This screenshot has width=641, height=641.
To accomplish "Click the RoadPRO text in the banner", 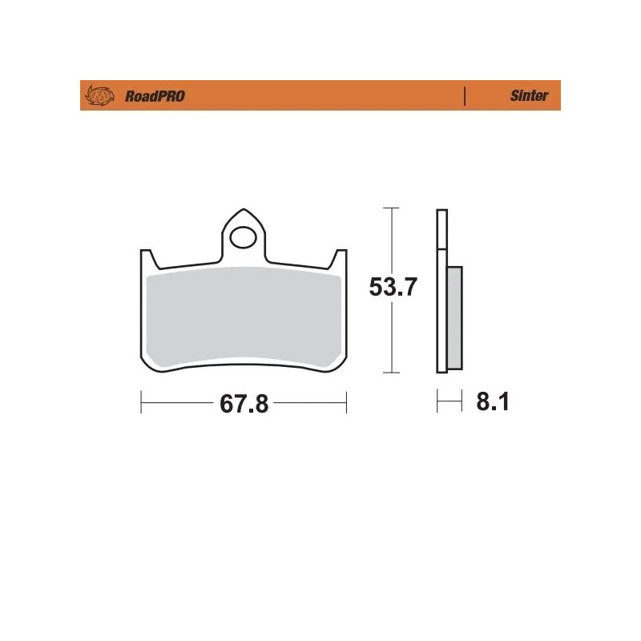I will (155, 96).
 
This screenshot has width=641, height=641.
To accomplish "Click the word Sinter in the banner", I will (529, 96).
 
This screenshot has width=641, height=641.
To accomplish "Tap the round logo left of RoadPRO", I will (101, 96).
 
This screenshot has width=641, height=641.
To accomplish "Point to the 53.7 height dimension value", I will (392, 288).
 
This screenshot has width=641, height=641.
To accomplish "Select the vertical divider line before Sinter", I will (465, 96).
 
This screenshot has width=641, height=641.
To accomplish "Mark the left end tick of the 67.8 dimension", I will (141, 402).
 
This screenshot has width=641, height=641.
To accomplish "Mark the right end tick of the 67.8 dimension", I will (345, 402).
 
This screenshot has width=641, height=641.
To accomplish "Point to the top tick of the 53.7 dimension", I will (390, 208).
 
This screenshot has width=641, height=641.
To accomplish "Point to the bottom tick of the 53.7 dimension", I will (390, 373).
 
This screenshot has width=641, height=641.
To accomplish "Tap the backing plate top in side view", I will (441, 212).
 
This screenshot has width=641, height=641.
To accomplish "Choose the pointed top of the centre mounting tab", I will (243, 212).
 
